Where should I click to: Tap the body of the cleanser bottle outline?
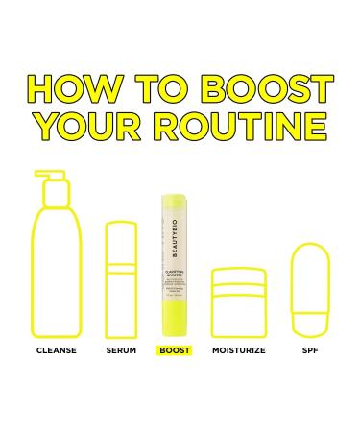pos(57,278)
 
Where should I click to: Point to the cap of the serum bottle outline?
pos(121,240)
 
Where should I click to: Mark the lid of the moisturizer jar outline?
pos(237,282)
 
